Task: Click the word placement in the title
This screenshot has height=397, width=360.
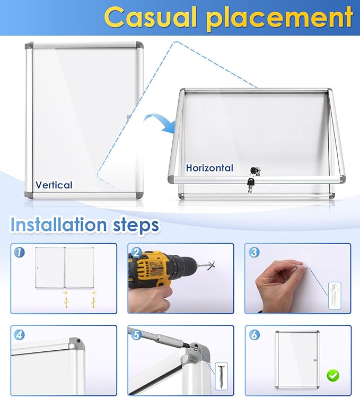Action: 280,18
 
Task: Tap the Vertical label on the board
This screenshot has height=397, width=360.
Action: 54,185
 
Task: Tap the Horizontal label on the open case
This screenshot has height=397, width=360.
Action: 209,168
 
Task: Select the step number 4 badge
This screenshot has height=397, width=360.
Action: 20,335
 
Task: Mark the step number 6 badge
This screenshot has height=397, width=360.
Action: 254,335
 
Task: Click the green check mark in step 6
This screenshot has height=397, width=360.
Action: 333,376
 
